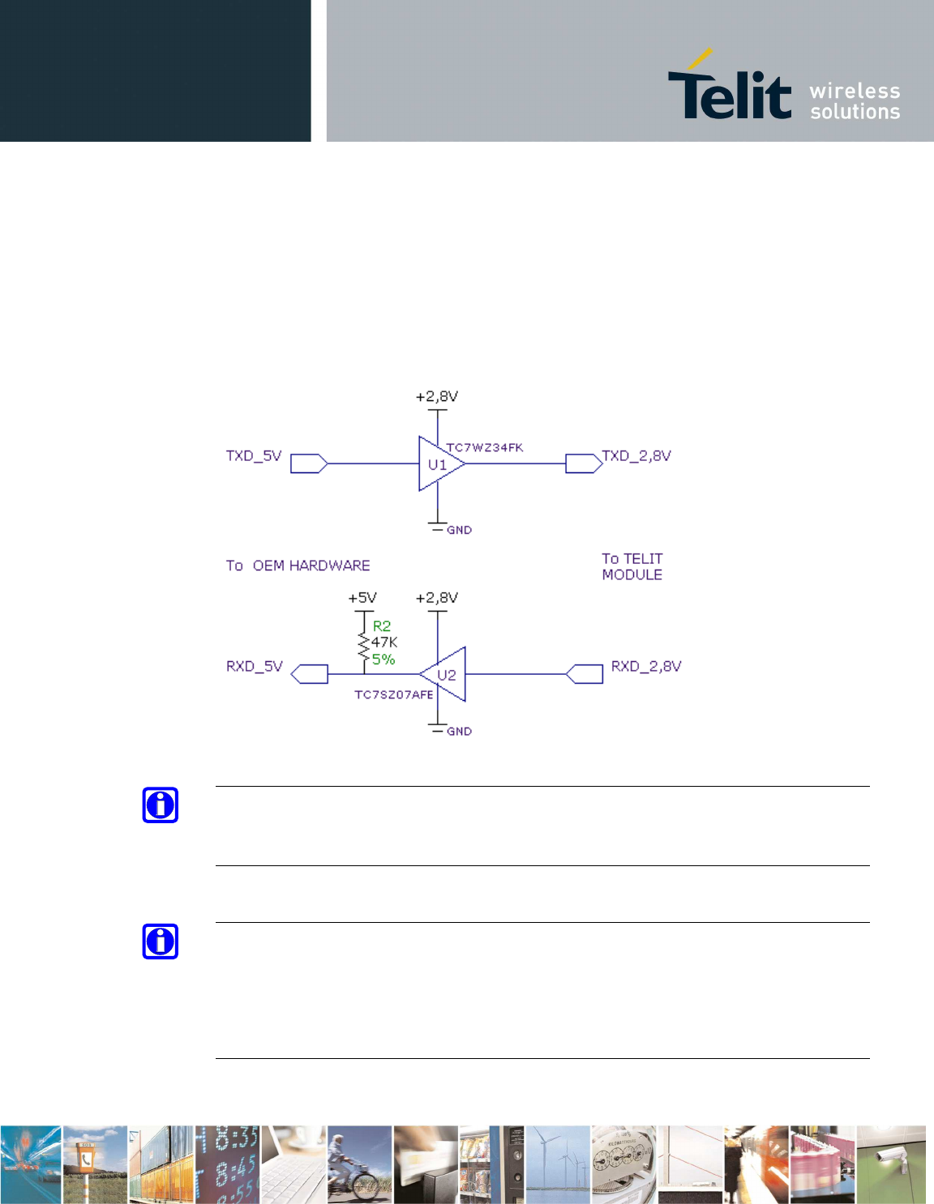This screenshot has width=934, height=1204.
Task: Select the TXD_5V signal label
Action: click(x=254, y=456)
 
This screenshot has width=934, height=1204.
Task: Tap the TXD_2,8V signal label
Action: click(x=636, y=456)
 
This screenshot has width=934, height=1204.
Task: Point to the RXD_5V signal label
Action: click(x=255, y=666)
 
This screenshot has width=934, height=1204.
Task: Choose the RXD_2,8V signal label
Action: click(x=645, y=666)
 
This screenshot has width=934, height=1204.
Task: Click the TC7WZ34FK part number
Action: click(x=485, y=448)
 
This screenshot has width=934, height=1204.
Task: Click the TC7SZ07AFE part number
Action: click(x=393, y=695)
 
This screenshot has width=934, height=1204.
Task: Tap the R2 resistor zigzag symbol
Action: click(x=363, y=646)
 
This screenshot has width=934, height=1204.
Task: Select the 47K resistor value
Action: click(x=384, y=643)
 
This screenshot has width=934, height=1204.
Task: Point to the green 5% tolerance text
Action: click(x=383, y=660)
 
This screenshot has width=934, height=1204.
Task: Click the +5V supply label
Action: click(x=362, y=598)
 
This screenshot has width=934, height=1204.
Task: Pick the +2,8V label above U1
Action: click(x=437, y=397)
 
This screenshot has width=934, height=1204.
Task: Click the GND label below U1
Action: click(x=459, y=530)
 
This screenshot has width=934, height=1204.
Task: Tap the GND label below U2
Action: click(x=459, y=732)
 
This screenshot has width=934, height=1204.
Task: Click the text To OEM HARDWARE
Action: click(x=298, y=566)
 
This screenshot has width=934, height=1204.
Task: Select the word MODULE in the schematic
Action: click(x=632, y=575)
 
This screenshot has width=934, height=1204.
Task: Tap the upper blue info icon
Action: click(x=161, y=805)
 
